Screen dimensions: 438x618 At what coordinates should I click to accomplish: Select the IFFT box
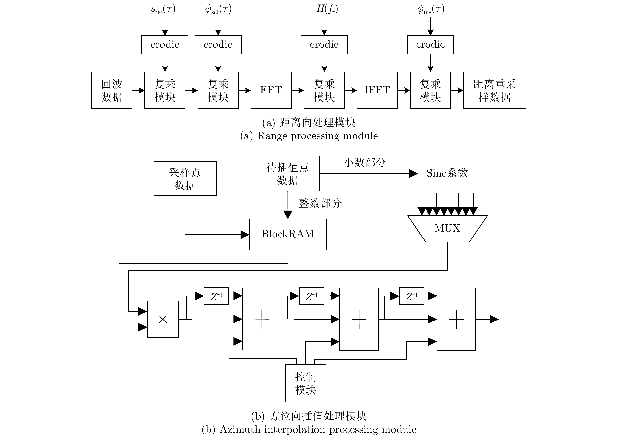tap(377, 90)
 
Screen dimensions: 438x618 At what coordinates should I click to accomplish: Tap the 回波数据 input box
tap(112, 90)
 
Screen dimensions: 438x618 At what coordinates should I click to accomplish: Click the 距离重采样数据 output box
tap(494, 90)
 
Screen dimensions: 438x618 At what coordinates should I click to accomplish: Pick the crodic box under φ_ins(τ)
tap(430, 45)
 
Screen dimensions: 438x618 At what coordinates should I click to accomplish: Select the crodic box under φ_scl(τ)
tap(218, 45)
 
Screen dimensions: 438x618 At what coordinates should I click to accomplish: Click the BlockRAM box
tap(288, 234)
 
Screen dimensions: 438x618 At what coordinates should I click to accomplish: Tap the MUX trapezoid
tap(447, 229)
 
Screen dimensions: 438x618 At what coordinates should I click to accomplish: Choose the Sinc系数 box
tap(447, 173)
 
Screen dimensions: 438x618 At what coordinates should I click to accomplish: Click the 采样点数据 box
tap(185, 178)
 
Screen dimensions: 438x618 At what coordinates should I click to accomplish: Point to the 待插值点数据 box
tap(288, 173)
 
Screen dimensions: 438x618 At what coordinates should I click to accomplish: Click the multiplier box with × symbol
tap(163, 319)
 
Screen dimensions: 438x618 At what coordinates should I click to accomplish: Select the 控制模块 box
tap(306, 383)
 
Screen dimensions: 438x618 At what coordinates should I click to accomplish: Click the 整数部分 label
tap(320, 203)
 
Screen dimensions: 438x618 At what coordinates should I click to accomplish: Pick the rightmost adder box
tap(456, 319)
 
